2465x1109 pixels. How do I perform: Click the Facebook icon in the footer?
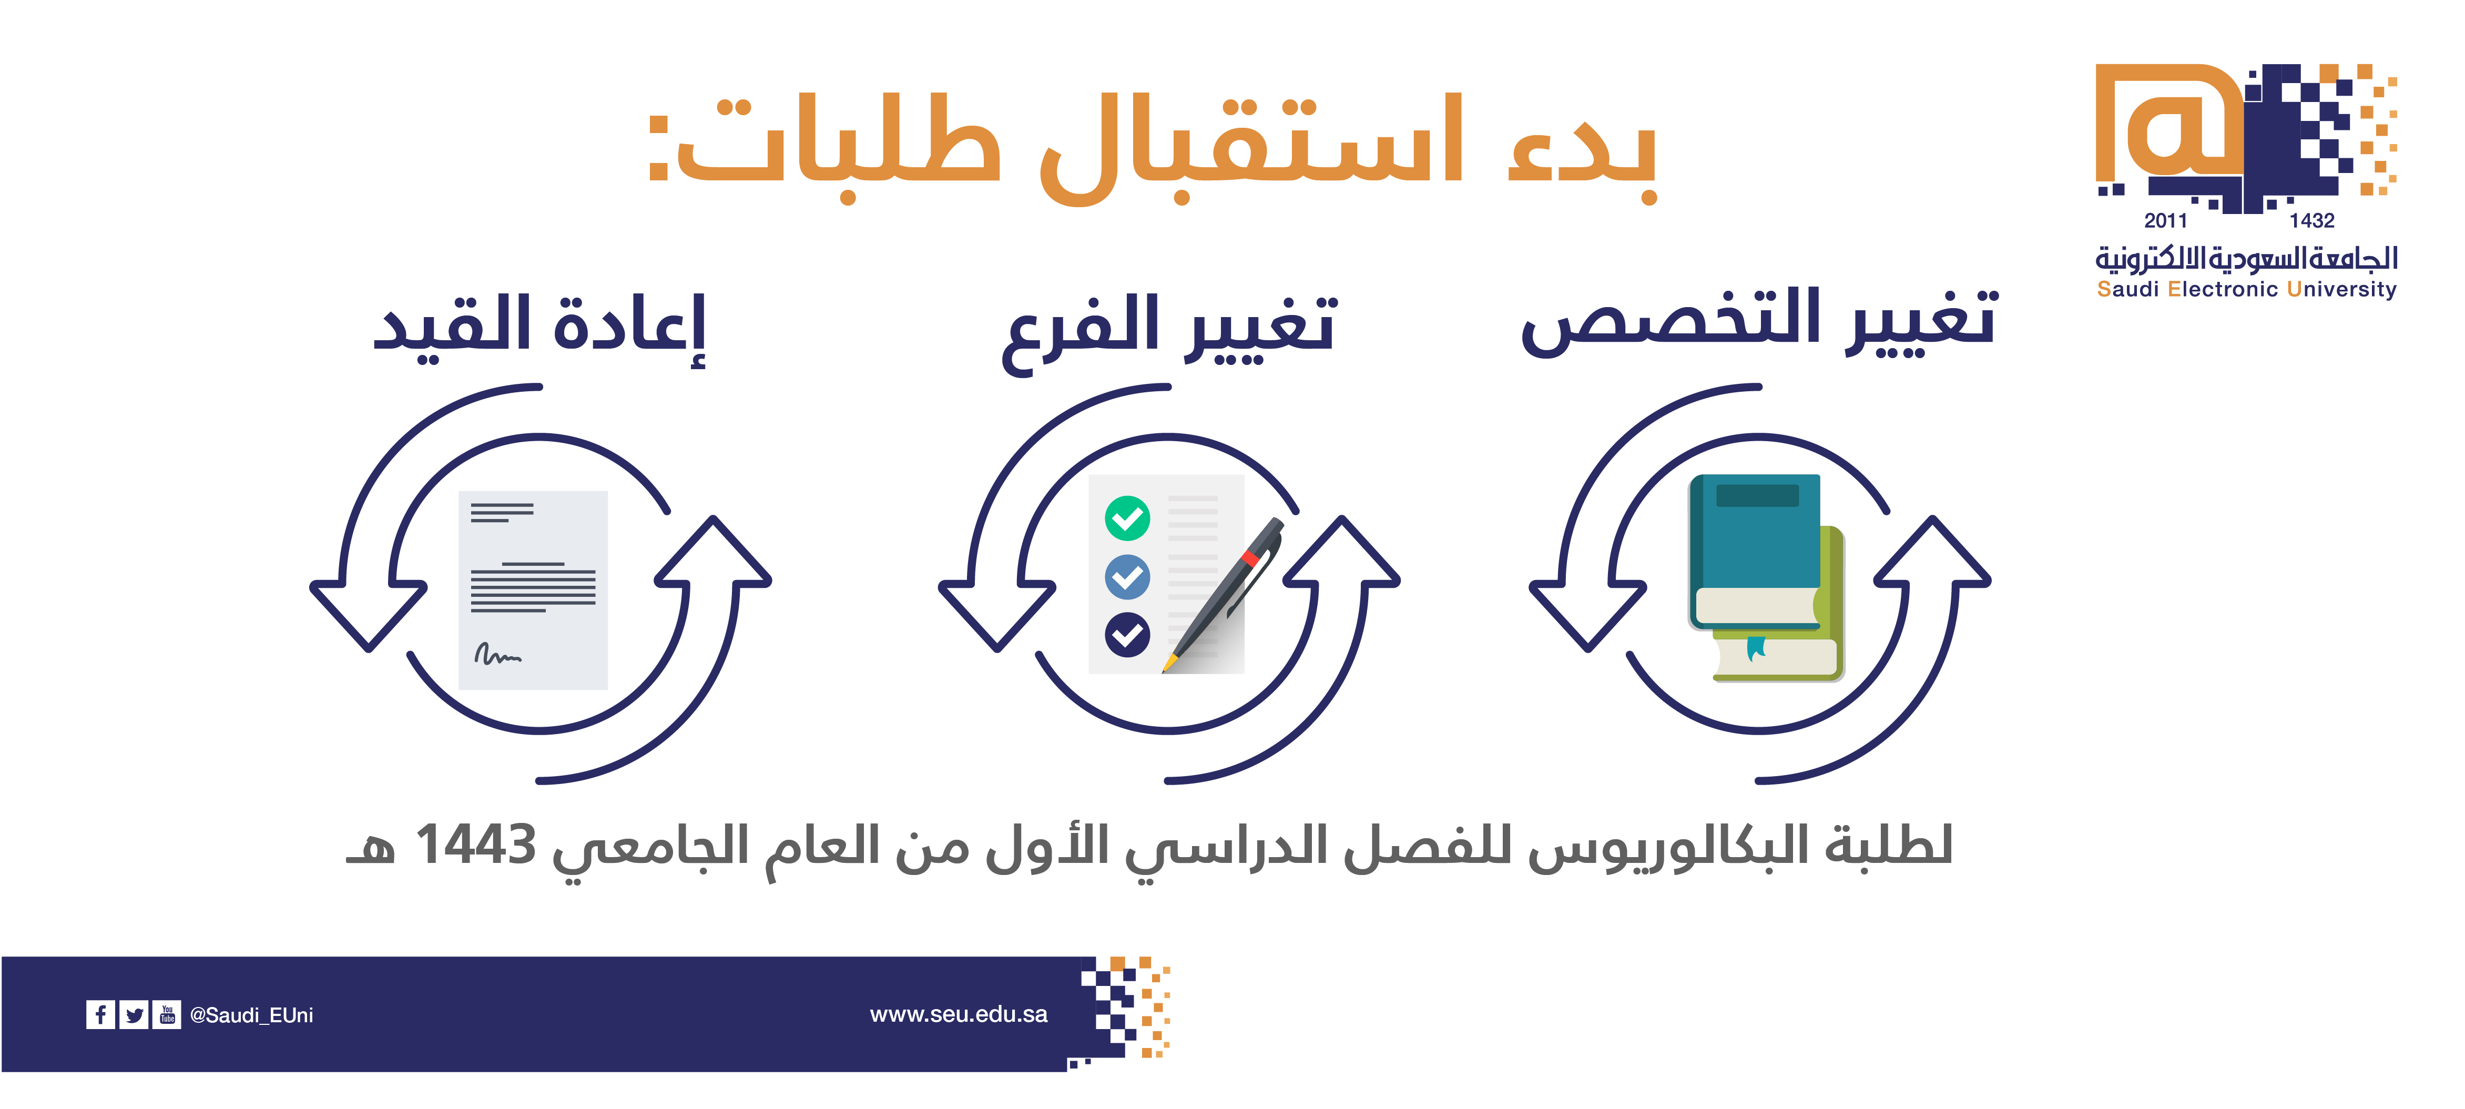pyautogui.click(x=99, y=1014)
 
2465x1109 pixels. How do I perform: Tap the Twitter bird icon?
pyautogui.click(x=134, y=1014)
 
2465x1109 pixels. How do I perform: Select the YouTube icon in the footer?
pyautogui.click(x=167, y=1014)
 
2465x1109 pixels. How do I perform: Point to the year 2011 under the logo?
pyautogui.click(x=2165, y=221)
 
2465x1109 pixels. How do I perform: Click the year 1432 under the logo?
pyautogui.click(x=2312, y=221)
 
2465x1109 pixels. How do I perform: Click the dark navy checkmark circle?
pyautogui.click(x=1127, y=634)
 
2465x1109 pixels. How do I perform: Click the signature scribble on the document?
pyautogui.click(x=497, y=655)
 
